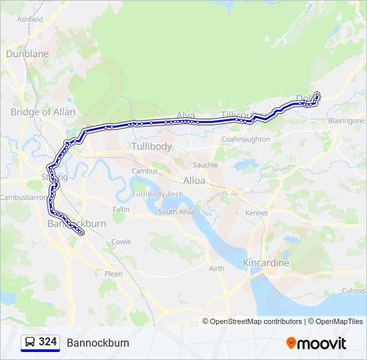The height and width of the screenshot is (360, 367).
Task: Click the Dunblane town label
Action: (x=27, y=53)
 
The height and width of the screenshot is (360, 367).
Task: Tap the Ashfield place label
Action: (x=30, y=19)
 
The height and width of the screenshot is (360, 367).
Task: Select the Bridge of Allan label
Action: (x=43, y=112)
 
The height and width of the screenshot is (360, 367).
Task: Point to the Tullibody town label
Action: (x=151, y=146)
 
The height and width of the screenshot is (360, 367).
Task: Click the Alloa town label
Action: (x=194, y=181)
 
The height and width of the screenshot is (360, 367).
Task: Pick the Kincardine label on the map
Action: (x=266, y=263)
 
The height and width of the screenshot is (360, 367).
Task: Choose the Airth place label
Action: (x=216, y=269)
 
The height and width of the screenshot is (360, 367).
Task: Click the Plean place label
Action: (x=113, y=273)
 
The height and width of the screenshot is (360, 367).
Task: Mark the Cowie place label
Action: (x=121, y=242)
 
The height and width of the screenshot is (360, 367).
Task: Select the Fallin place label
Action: (x=121, y=209)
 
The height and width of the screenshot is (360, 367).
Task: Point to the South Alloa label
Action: (x=176, y=212)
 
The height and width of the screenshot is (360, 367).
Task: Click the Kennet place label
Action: (x=256, y=213)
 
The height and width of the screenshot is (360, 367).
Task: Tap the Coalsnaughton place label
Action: (x=246, y=139)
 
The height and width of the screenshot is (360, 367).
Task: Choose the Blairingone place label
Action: (x=346, y=121)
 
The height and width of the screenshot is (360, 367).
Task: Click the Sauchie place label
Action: (x=205, y=165)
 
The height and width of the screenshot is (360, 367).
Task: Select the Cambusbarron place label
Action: (x=25, y=198)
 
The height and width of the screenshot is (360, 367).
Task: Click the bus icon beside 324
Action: (x=30, y=342)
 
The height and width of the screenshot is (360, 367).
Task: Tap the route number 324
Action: (x=47, y=342)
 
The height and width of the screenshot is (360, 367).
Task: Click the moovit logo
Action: (x=316, y=343)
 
